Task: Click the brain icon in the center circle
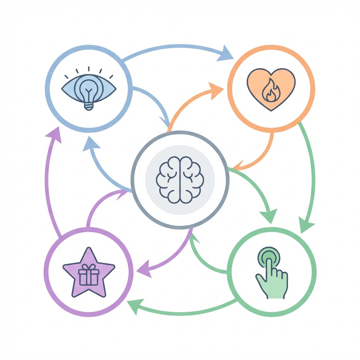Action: [x=180, y=180]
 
